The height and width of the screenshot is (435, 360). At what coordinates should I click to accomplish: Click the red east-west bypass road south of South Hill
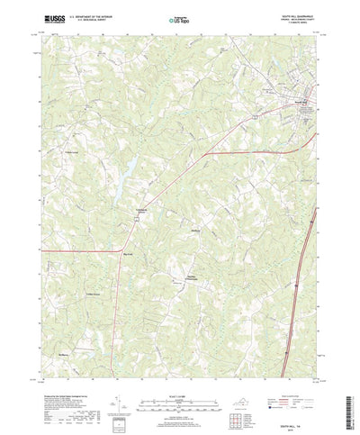pyautogui.click(x=261, y=152)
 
